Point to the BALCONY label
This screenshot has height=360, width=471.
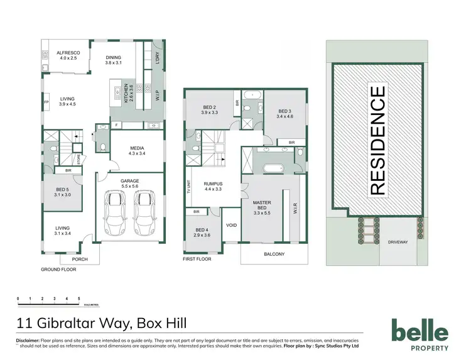(x=274, y=254)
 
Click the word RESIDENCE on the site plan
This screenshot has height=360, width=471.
(x=377, y=141)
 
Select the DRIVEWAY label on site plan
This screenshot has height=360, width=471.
(x=398, y=241)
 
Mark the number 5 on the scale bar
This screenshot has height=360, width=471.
(x=78, y=298)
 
